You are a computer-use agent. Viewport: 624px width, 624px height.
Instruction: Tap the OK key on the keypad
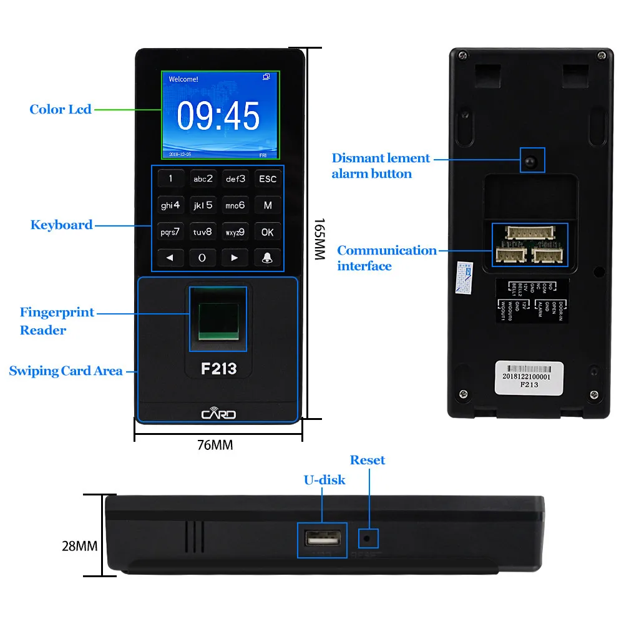point(267,232)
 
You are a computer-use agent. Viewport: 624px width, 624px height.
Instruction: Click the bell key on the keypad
point(267,258)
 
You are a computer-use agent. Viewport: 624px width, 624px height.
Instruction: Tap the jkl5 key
point(203,205)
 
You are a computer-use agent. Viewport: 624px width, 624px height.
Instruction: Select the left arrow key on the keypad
point(170,258)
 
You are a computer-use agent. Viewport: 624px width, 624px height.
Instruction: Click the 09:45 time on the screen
point(218,116)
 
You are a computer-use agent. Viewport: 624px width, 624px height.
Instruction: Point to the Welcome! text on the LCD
point(183,79)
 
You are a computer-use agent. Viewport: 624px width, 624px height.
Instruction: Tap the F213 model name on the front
point(218,368)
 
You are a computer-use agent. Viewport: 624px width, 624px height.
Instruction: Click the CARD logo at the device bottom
point(218,414)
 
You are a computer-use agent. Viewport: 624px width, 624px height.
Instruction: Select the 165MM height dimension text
point(319,240)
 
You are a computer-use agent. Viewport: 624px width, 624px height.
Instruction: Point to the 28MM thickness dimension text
point(79,546)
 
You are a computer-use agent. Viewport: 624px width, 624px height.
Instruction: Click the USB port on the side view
point(321,537)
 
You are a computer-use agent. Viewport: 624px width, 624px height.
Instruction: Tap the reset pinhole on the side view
point(367,537)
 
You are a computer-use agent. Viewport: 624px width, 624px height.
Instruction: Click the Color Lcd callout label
point(61,110)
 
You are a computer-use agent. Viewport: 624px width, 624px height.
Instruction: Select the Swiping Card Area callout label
point(66,371)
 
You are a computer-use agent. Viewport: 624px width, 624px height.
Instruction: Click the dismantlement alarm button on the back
point(532,161)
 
